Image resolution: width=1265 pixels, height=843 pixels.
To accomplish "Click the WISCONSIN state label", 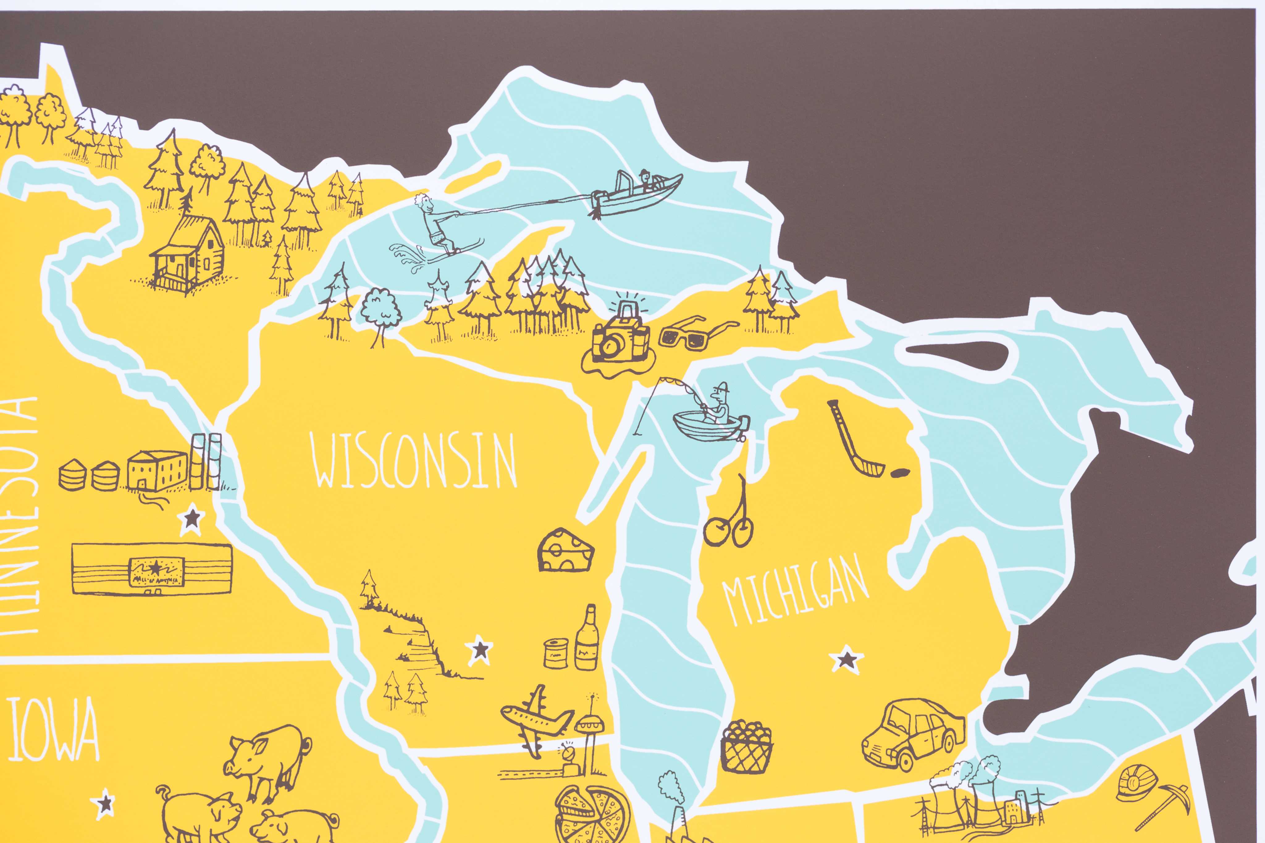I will pyautogui.click(x=414, y=461).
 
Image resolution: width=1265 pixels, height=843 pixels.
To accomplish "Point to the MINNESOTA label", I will pyautogui.click(x=20, y=516).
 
